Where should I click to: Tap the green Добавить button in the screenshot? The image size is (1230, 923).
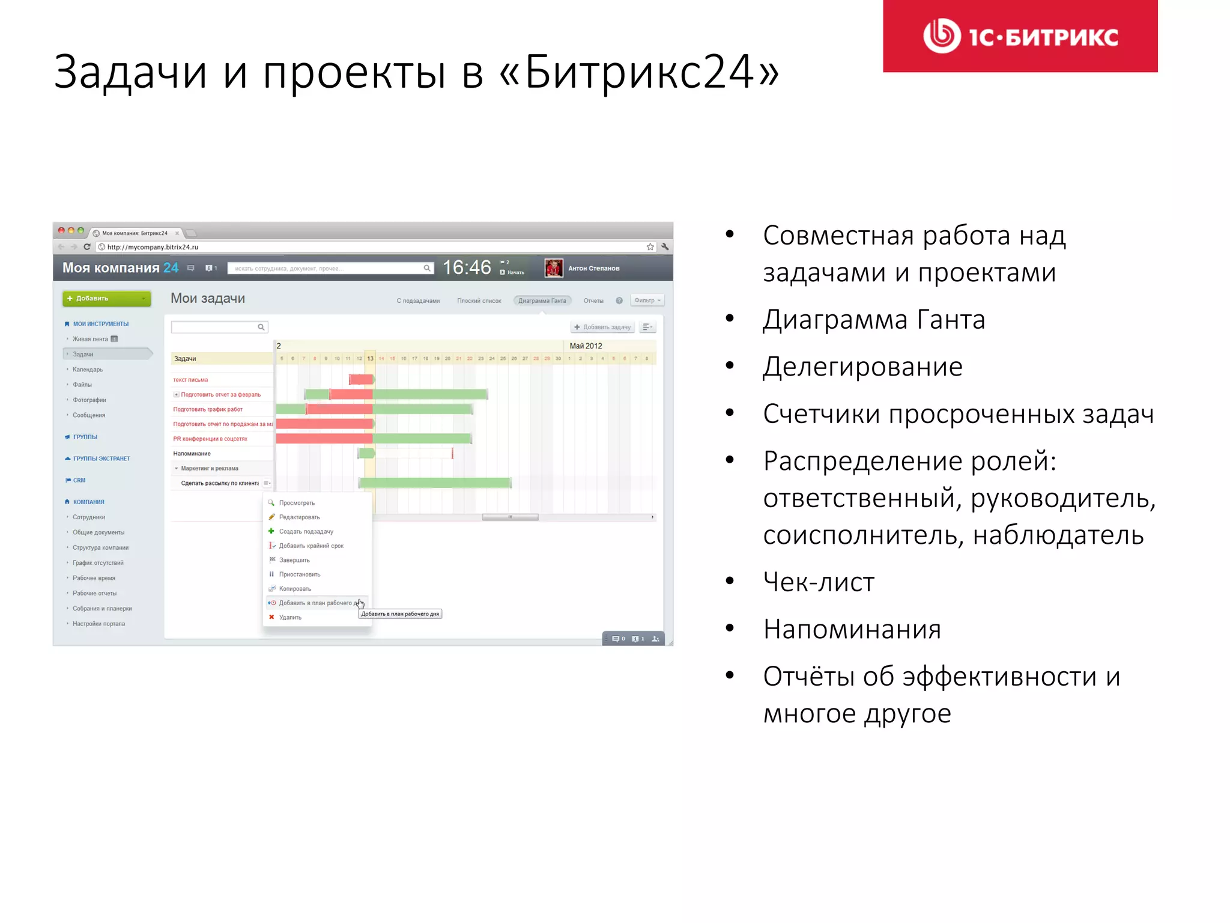(x=106, y=299)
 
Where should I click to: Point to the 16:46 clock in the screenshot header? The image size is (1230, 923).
(x=467, y=267)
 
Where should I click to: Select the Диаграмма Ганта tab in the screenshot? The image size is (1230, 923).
(x=542, y=300)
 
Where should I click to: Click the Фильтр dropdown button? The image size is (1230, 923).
(x=647, y=300)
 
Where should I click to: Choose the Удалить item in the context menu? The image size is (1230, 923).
(x=290, y=617)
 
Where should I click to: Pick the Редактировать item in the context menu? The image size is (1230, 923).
(x=299, y=517)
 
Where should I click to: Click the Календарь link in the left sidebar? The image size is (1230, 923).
(x=88, y=370)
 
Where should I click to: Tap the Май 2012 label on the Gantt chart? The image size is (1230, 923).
(x=586, y=346)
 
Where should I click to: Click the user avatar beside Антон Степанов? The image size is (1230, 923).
(x=553, y=268)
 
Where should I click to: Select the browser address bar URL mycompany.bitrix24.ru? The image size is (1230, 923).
(x=153, y=247)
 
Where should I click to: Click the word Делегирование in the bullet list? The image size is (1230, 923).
(x=862, y=367)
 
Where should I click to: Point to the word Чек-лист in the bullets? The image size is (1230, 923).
(x=819, y=582)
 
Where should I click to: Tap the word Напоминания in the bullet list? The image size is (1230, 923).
(x=852, y=629)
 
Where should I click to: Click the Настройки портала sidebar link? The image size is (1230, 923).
(x=98, y=624)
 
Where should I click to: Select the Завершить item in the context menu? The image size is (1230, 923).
(x=294, y=560)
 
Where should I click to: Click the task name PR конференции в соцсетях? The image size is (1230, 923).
(x=210, y=439)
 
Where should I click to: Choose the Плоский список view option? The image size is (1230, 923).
(x=479, y=300)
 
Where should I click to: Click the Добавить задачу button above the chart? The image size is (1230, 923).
(x=602, y=327)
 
